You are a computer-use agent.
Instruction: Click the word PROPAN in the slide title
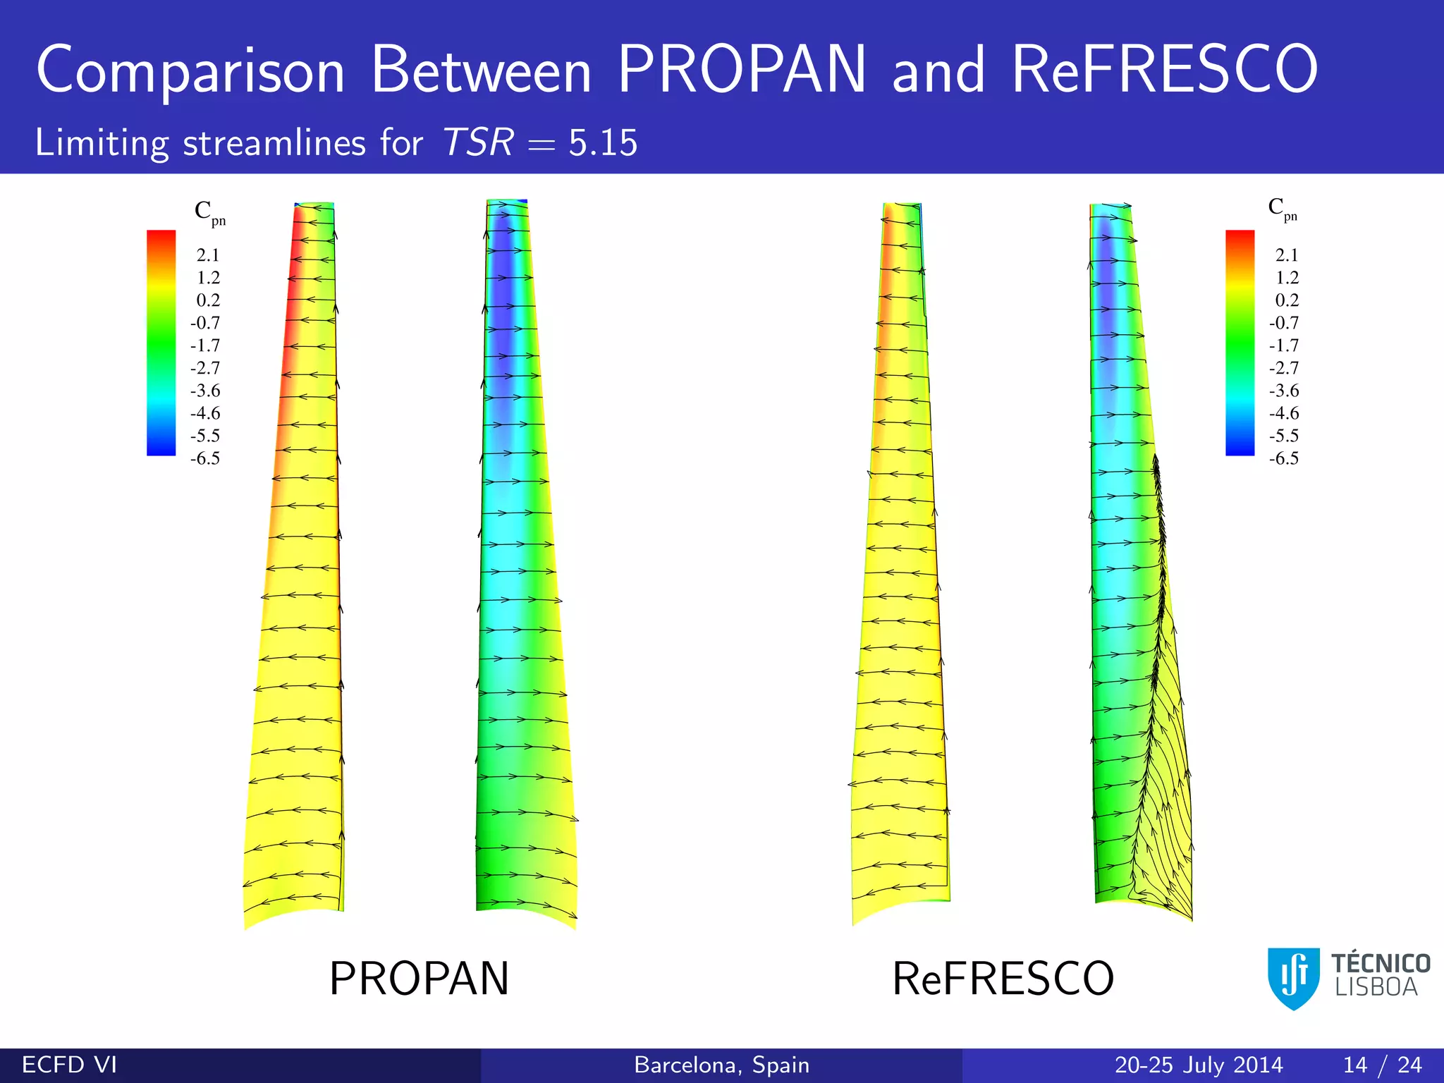point(741,69)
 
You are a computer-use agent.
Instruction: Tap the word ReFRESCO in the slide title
point(1165,69)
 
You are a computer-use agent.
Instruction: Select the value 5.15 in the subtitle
point(603,142)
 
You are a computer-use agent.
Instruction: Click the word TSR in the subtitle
point(478,142)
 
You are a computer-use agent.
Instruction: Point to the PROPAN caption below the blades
point(419,979)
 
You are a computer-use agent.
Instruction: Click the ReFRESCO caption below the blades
point(1003,979)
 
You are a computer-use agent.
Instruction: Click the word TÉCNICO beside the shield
point(1380,963)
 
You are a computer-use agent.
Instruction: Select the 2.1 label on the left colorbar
point(208,255)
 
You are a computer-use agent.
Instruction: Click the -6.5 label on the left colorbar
point(205,458)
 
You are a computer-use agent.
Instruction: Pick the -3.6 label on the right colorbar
point(1284,391)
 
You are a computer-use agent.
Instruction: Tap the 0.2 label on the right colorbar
point(1287,300)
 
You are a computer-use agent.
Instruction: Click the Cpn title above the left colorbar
point(209,212)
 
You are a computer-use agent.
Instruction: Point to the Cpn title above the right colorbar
point(1282,208)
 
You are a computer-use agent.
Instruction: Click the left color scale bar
point(161,343)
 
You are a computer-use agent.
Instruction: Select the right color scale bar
point(1240,343)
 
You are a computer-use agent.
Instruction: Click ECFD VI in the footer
point(69,1065)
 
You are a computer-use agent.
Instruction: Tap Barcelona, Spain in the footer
point(721,1065)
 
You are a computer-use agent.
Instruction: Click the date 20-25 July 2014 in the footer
point(1198,1065)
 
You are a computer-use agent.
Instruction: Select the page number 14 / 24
point(1382,1065)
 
